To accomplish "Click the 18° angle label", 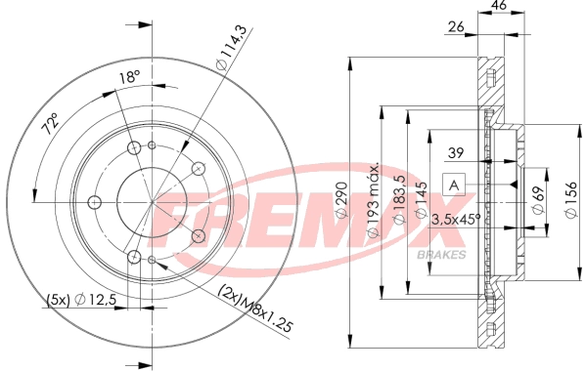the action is tap(129, 77).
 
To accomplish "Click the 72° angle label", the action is tap(51, 124).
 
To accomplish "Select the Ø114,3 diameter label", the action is tap(232, 48).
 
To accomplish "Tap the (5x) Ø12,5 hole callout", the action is tap(82, 300).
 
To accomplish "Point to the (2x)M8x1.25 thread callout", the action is tap(255, 308).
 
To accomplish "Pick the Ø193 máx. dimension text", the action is tap(373, 199).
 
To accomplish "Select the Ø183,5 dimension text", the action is tap(399, 199).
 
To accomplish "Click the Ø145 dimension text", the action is tap(422, 200).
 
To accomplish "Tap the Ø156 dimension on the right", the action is tap(571, 200).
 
